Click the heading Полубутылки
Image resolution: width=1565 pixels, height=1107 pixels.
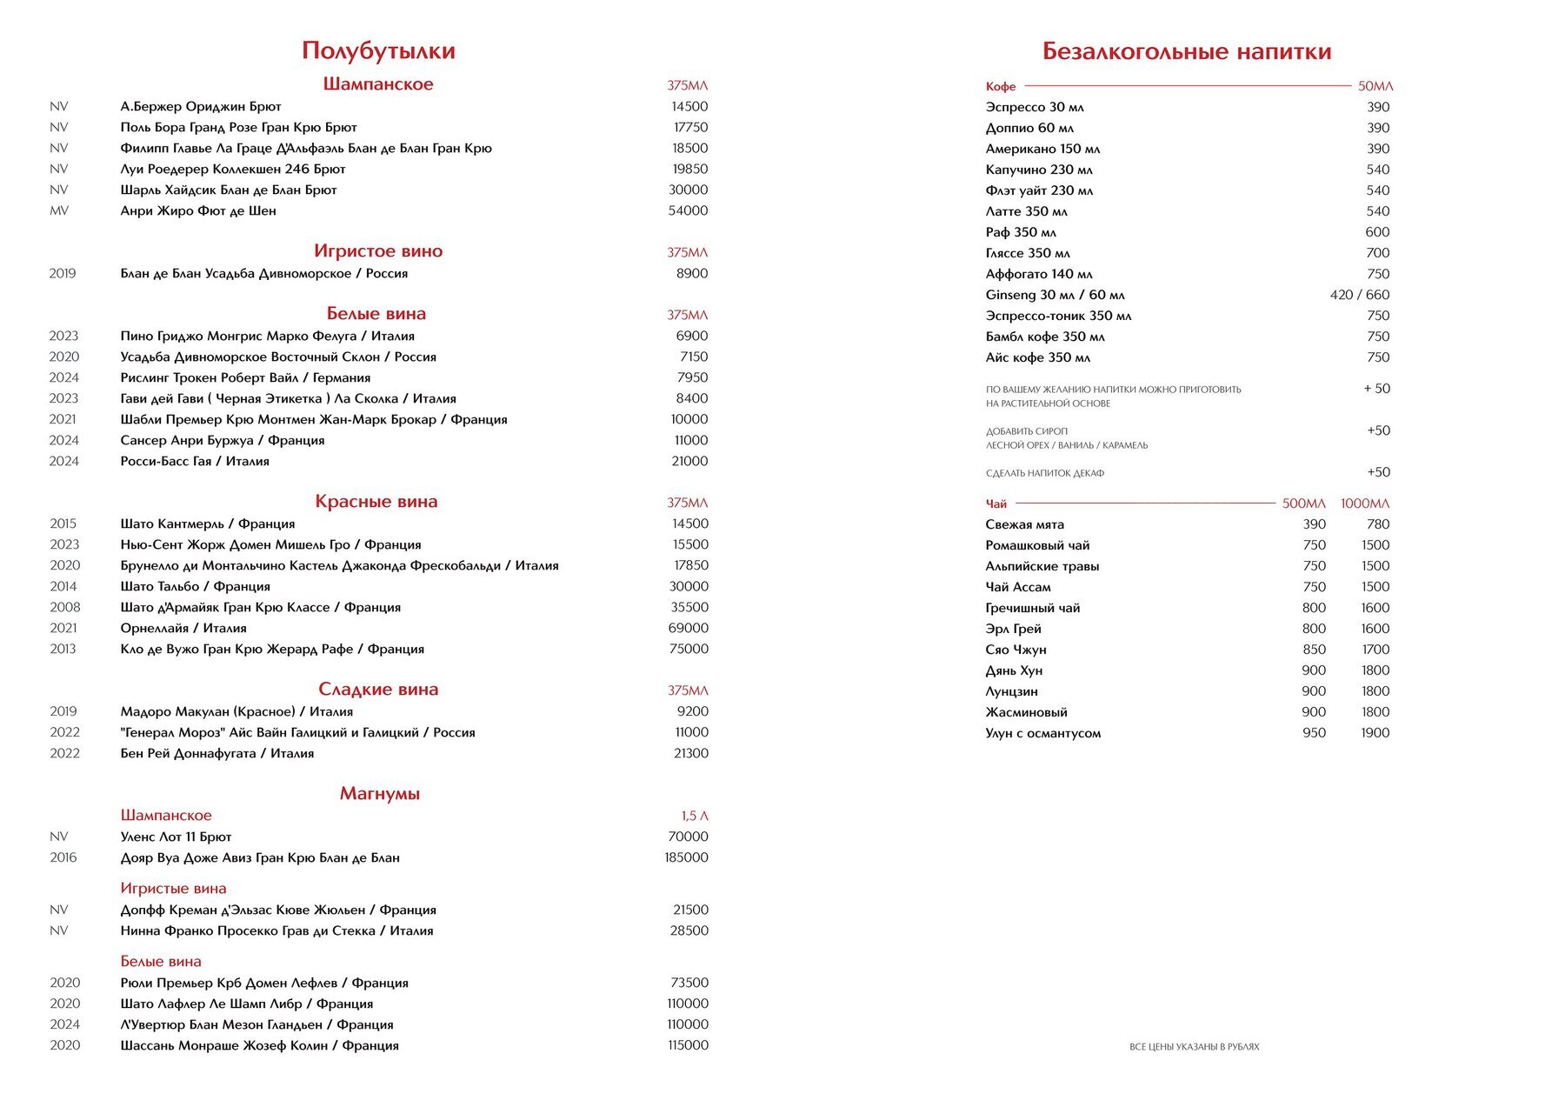point(378,51)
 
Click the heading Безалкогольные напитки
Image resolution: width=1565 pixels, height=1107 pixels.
point(1187,52)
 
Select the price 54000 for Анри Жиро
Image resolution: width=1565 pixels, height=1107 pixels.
point(688,211)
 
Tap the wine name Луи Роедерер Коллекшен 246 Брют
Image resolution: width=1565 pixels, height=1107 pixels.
point(233,170)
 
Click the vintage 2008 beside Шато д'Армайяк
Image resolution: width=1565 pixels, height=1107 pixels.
point(64,608)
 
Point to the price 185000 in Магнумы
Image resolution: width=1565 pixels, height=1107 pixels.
point(686,858)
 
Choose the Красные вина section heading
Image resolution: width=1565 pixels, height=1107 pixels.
point(376,502)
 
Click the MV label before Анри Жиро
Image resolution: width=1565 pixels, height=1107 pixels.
point(59,211)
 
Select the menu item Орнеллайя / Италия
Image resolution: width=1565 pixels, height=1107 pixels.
point(183,629)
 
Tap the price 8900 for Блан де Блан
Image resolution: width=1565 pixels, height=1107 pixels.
point(692,274)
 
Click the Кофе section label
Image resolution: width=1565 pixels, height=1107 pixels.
point(1001,87)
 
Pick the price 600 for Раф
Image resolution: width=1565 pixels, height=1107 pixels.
point(1377,232)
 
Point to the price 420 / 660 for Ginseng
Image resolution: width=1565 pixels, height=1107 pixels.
point(1359,295)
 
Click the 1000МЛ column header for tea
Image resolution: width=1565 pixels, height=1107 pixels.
point(1365,504)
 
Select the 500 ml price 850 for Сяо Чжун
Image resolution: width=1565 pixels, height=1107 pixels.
point(1314,650)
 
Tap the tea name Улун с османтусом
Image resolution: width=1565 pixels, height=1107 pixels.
point(1042,733)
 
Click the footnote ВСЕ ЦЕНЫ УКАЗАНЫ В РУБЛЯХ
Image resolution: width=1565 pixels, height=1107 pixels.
point(1194,1047)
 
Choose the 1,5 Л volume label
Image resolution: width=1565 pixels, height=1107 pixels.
point(694,817)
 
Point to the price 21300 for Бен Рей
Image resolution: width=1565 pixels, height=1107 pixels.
point(690,754)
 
